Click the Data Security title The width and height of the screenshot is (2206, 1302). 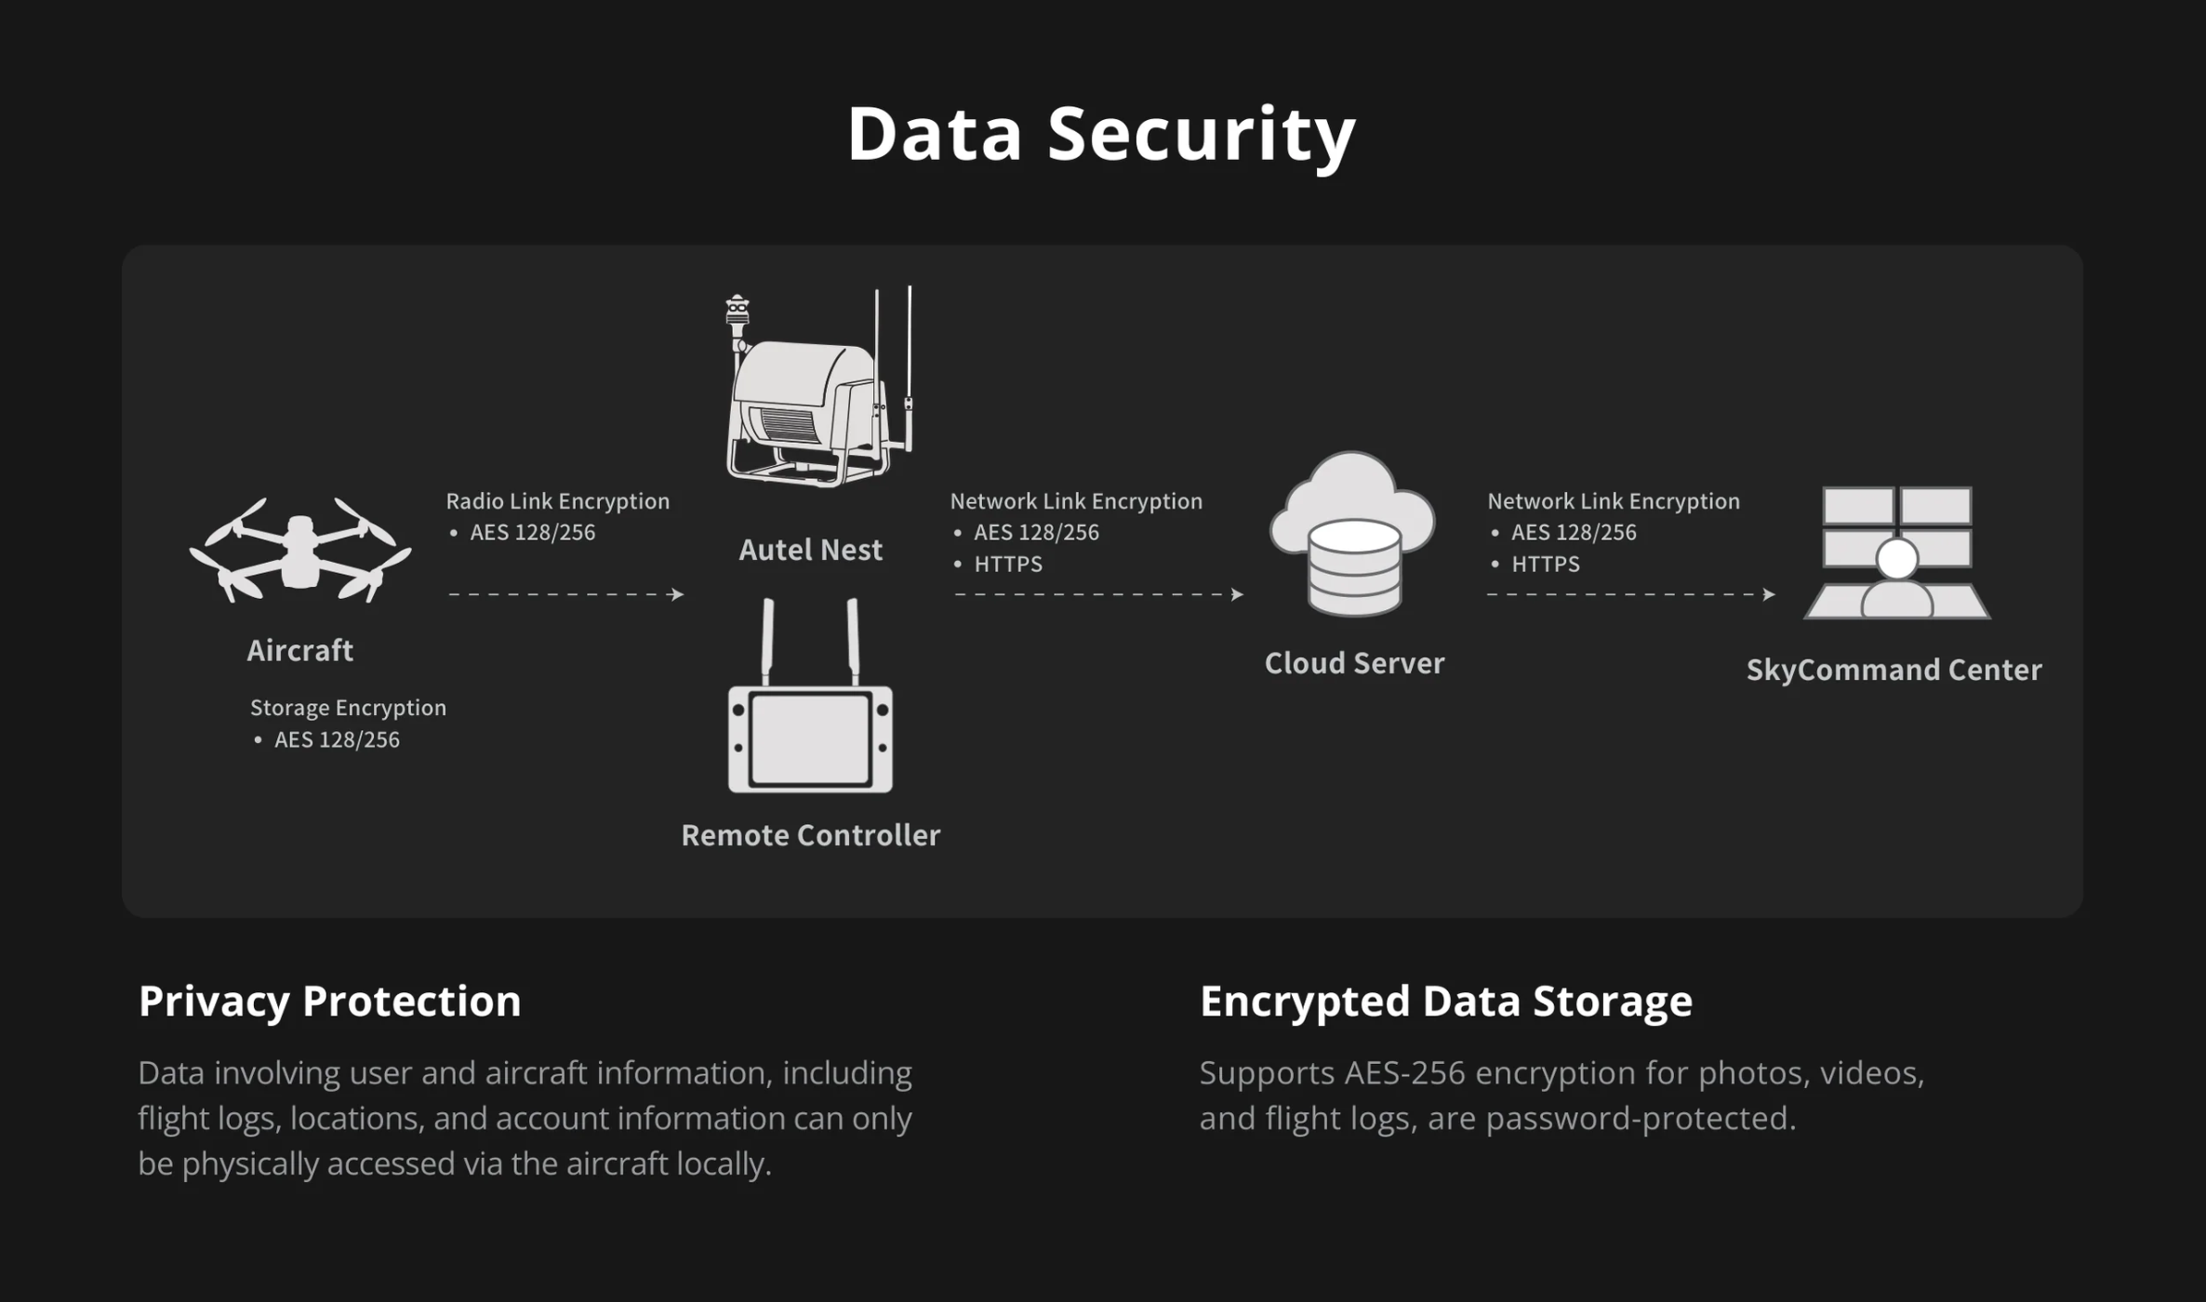coord(1101,134)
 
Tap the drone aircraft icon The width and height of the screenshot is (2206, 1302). coord(299,551)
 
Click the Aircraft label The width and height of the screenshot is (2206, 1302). coord(299,651)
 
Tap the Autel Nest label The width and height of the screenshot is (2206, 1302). coord(810,551)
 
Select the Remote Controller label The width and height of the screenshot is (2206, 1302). coord(810,835)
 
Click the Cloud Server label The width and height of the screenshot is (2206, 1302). coord(1354,663)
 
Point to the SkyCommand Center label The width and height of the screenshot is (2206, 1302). coord(1894,670)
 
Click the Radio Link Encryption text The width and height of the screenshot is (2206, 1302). coord(557,501)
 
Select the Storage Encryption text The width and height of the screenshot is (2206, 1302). coord(348,708)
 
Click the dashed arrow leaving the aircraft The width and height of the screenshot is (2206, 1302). coord(565,594)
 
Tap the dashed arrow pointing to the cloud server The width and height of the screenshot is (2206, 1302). coord(1098,594)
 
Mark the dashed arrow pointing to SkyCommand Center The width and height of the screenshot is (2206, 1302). coord(1630,594)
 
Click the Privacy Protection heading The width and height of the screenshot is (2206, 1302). coord(329,1002)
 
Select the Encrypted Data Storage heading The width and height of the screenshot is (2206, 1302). coord(1445,1002)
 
